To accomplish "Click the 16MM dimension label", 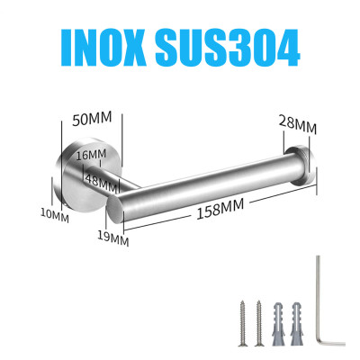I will (x=91, y=155).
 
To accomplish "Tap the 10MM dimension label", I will (x=55, y=216).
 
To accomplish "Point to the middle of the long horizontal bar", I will (x=207, y=184).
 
